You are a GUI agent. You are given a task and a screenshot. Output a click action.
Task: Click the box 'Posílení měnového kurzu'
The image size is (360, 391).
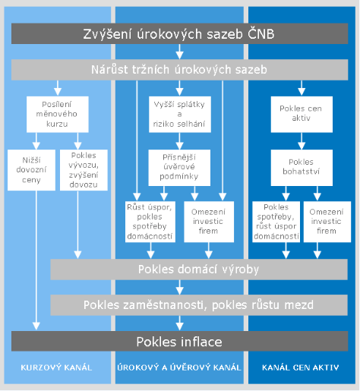(58, 114)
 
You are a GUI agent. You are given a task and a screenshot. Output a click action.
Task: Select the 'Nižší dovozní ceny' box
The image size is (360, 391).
(31, 170)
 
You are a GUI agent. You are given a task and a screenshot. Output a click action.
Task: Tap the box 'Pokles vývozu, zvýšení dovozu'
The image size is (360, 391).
(84, 170)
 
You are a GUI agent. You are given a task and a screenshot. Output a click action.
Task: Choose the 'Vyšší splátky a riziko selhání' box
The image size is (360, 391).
(180, 114)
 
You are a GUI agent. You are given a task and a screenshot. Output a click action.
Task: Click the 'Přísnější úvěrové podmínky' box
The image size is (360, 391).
(179, 168)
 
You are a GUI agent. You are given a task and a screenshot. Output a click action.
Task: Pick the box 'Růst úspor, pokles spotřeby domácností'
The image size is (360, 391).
(150, 222)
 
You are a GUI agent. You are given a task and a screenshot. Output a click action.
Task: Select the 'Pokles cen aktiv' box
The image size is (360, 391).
(302, 114)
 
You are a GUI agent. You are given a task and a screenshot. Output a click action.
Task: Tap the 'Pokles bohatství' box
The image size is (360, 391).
(302, 168)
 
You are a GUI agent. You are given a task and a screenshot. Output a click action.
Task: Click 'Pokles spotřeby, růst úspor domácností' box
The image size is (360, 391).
(276, 222)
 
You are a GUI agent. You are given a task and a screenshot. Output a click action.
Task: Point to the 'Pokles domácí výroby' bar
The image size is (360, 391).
(199, 270)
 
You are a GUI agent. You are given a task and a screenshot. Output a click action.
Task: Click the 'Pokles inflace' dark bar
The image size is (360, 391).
(179, 341)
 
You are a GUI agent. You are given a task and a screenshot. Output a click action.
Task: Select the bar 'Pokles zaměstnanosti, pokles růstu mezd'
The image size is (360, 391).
(199, 305)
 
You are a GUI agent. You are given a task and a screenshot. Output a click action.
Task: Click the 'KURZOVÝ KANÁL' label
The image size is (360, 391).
(56, 367)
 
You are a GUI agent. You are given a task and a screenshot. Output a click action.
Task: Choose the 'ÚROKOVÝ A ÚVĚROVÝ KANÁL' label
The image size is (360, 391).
(179, 367)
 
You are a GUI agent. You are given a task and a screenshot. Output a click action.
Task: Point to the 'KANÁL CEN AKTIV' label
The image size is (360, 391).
(301, 367)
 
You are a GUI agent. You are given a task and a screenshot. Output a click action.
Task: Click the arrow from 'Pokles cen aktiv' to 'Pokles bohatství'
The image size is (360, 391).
(302, 141)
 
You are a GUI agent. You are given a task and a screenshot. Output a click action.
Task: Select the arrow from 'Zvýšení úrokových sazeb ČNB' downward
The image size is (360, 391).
(179, 52)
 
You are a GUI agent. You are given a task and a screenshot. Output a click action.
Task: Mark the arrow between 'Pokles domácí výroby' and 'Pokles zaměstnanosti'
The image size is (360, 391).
(179, 287)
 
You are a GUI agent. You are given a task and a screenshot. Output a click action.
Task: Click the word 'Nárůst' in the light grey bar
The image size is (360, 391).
(109, 70)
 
